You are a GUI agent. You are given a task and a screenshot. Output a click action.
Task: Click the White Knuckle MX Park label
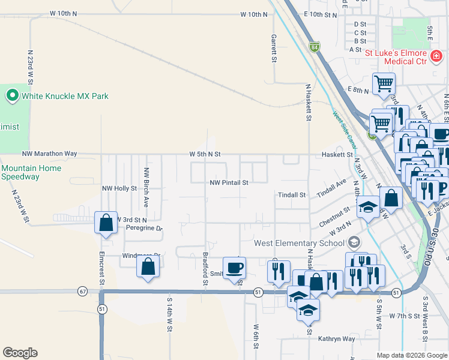pyautogui.click(x=65, y=95)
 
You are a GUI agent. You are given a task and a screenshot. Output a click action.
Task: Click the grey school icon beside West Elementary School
pyautogui.click(x=354, y=242)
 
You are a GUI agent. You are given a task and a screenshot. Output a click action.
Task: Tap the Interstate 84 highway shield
pyautogui.click(x=314, y=46)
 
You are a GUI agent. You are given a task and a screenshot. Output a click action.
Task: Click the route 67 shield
pyautogui.click(x=82, y=291)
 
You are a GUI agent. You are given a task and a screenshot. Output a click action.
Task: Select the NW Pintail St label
pyautogui.click(x=229, y=182)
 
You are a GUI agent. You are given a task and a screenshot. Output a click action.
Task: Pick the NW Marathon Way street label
pyautogui.click(x=50, y=154)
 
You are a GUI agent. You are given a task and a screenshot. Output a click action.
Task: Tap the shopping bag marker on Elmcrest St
pyautogui.click(x=106, y=223)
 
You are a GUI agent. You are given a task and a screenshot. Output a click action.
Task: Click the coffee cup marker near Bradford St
pyautogui.click(x=234, y=268)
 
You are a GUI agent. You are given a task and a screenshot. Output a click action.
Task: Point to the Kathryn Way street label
pyautogui.click(x=337, y=339)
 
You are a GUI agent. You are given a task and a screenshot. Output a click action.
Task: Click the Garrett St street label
pyautogui.click(x=273, y=48)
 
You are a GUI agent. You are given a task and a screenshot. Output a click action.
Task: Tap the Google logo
pyautogui.click(x=20, y=353)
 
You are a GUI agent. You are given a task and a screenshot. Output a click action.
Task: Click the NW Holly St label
pyautogui.click(x=119, y=188)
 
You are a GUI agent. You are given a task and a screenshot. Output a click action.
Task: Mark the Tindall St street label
pyautogui.click(x=292, y=195)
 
